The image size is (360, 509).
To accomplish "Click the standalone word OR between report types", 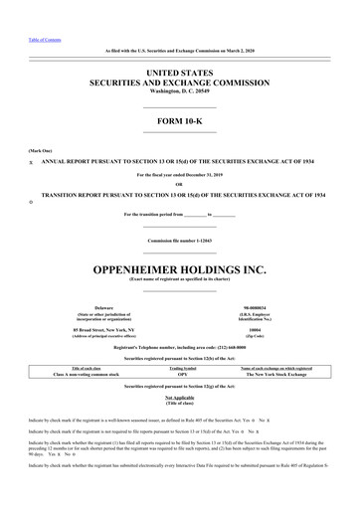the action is tap(179, 183).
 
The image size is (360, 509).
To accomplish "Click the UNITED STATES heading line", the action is tap(179, 73).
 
